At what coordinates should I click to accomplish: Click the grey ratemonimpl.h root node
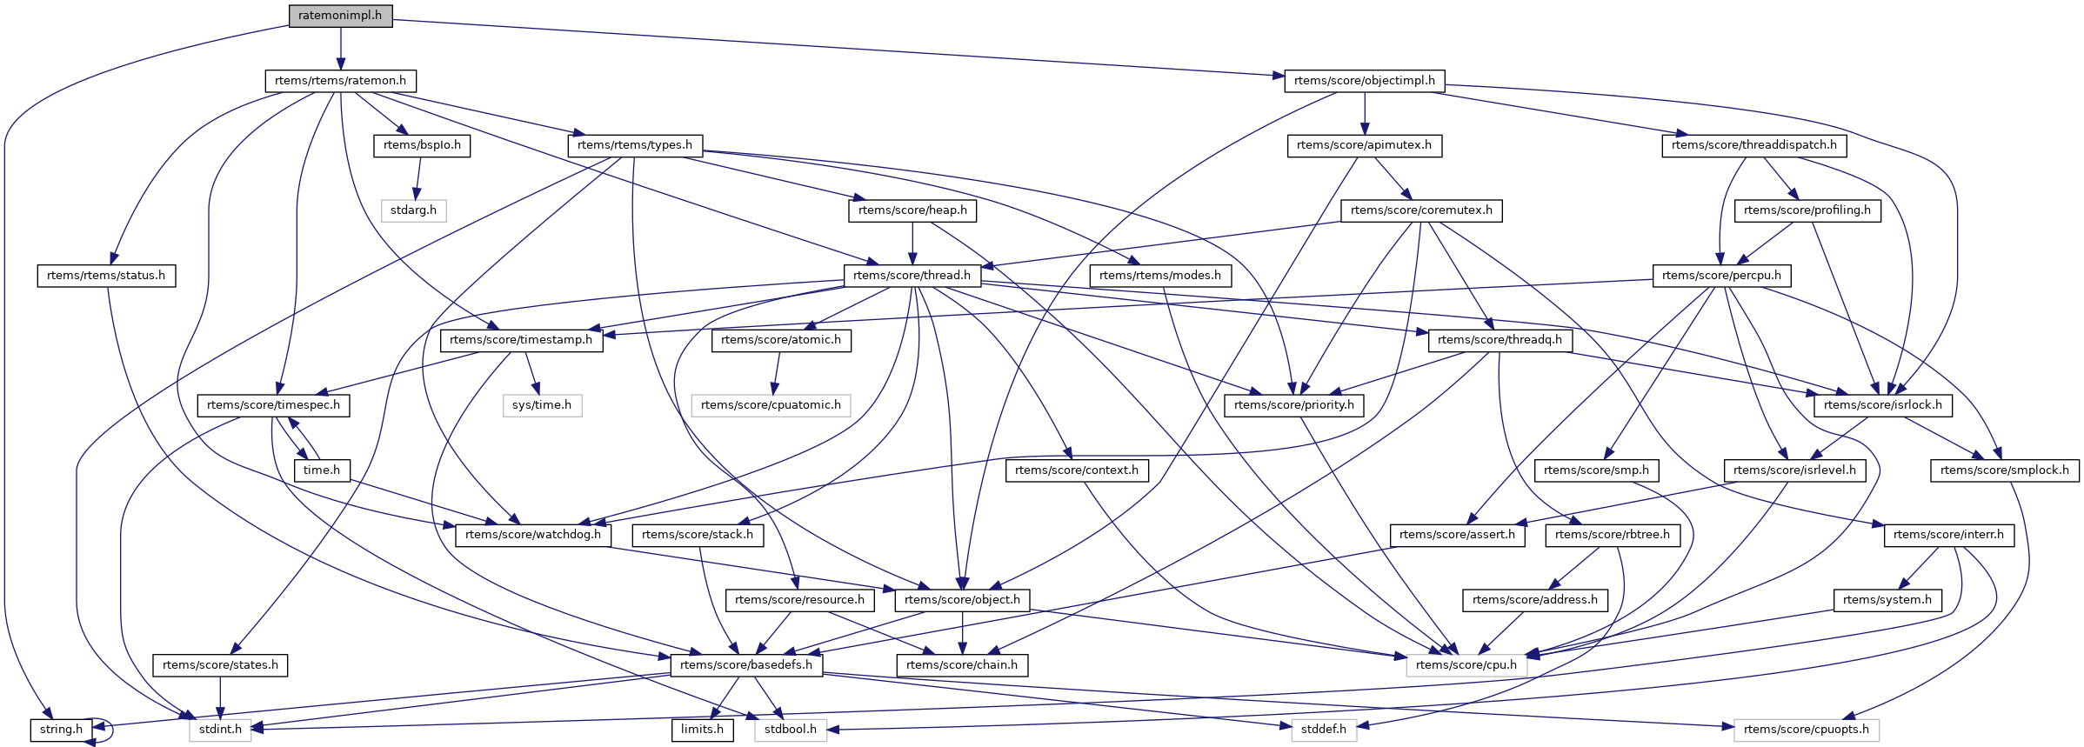click(340, 16)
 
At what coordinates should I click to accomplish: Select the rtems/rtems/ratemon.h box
click(340, 81)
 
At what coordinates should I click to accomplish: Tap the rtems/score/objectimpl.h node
click(1364, 81)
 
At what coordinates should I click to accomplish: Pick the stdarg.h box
click(413, 210)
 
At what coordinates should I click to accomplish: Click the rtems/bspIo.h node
click(422, 145)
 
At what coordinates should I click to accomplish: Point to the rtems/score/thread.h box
click(912, 276)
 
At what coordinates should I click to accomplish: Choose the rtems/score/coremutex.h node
click(1421, 210)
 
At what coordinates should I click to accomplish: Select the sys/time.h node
click(542, 405)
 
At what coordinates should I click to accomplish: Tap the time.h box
click(322, 470)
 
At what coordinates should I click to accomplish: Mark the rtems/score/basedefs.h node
click(745, 665)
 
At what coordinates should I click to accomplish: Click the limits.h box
click(702, 730)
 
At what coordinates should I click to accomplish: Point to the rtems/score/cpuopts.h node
click(1806, 730)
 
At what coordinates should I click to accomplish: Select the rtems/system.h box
click(1887, 600)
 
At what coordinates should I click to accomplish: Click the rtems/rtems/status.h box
click(106, 276)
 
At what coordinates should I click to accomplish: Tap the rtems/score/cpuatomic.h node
click(771, 405)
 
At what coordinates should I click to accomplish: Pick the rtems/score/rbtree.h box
click(1612, 535)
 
